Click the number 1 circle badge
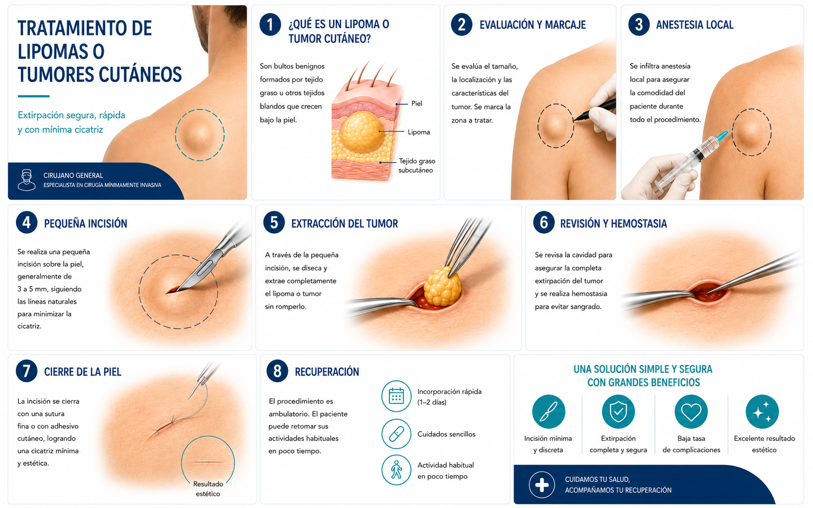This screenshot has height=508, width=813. click(x=270, y=25)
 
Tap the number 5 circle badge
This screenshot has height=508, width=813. click(x=274, y=222)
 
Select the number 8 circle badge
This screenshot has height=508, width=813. click(x=277, y=371)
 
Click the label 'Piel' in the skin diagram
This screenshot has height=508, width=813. click(x=417, y=104)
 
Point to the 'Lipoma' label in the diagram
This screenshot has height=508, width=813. click(x=418, y=132)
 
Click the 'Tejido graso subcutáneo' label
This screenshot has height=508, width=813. click(x=416, y=165)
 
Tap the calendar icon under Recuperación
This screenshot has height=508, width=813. click(x=396, y=396)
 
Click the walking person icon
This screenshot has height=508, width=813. click(x=396, y=470)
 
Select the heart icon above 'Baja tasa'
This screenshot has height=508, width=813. click(x=691, y=412)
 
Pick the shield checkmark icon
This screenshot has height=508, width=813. click(x=618, y=412)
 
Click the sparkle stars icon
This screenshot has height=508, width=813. click(x=762, y=412)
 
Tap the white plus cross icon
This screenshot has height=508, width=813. click(x=541, y=485)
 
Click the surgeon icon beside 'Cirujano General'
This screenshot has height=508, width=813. click(x=27, y=180)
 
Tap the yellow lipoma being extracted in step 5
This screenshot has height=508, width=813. click(x=442, y=287)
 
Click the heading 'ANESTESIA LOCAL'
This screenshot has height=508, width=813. click(x=695, y=25)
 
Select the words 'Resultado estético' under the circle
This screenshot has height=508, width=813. click(x=208, y=489)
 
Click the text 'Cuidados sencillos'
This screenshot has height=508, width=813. click(x=446, y=434)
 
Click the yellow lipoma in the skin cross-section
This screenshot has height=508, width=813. click(x=362, y=131)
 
